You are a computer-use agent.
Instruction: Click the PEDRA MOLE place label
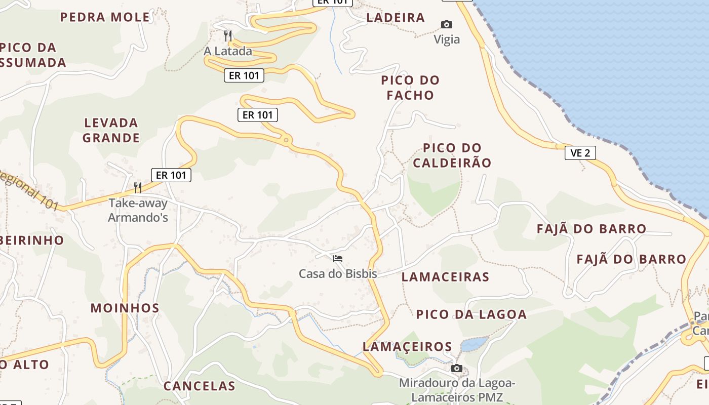[x=105, y=17]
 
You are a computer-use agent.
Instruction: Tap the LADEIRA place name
[x=396, y=18]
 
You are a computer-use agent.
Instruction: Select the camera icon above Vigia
[x=446, y=24]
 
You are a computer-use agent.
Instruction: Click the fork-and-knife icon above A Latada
[x=228, y=35]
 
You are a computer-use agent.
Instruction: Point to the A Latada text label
[x=228, y=51]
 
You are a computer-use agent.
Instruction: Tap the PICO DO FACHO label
[x=410, y=88]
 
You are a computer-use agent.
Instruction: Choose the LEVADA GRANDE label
[x=111, y=130]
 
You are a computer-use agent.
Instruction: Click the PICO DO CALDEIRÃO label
[x=452, y=155]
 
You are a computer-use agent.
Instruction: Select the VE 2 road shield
[x=580, y=153]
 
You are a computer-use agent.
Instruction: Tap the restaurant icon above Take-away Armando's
[x=138, y=188]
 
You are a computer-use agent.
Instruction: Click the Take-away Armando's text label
[x=138, y=211]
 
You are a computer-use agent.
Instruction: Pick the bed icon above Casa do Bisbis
[x=338, y=259]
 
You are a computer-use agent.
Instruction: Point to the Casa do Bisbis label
[x=338, y=274]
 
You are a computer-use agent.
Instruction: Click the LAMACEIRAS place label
[x=445, y=277]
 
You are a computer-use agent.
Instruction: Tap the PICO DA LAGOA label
[x=471, y=314]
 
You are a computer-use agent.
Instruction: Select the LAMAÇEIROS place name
[x=407, y=347]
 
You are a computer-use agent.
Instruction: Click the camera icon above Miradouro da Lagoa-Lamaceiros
[x=457, y=368]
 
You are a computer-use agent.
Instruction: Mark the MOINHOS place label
[x=125, y=308]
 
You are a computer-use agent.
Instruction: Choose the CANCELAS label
[x=199, y=386]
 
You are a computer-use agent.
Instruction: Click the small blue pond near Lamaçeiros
[x=475, y=344]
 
